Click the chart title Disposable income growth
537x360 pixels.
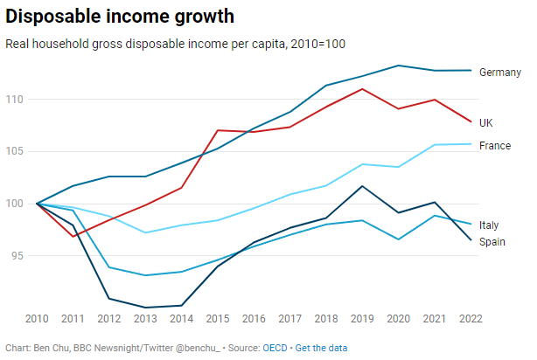click(x=120, y=17)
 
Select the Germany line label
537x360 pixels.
click(x=500, y=73)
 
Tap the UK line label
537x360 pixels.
click(x=486, y=123)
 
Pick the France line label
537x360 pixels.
click(x=495, y=146)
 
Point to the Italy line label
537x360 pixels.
click(x=489, y=225)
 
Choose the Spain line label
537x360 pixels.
click(x=492, y=242)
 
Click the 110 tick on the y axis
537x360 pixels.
click(x=14, y=100)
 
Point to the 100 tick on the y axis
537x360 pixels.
click(x=14, y=204)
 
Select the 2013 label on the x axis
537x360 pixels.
click(x=145, y=319)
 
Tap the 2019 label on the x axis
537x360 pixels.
click(x=362, y=319)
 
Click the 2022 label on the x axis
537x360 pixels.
click(x=471, y=319)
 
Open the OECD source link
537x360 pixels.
click(x=275, y=348)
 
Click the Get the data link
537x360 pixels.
click(x=321, y=348)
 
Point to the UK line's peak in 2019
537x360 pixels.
click(x=362, y=89)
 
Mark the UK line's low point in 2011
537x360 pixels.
click(x=73, y=237)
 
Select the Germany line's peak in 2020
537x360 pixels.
click(x=398, y=66)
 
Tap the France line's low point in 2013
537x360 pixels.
click(x=145, y=232)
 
